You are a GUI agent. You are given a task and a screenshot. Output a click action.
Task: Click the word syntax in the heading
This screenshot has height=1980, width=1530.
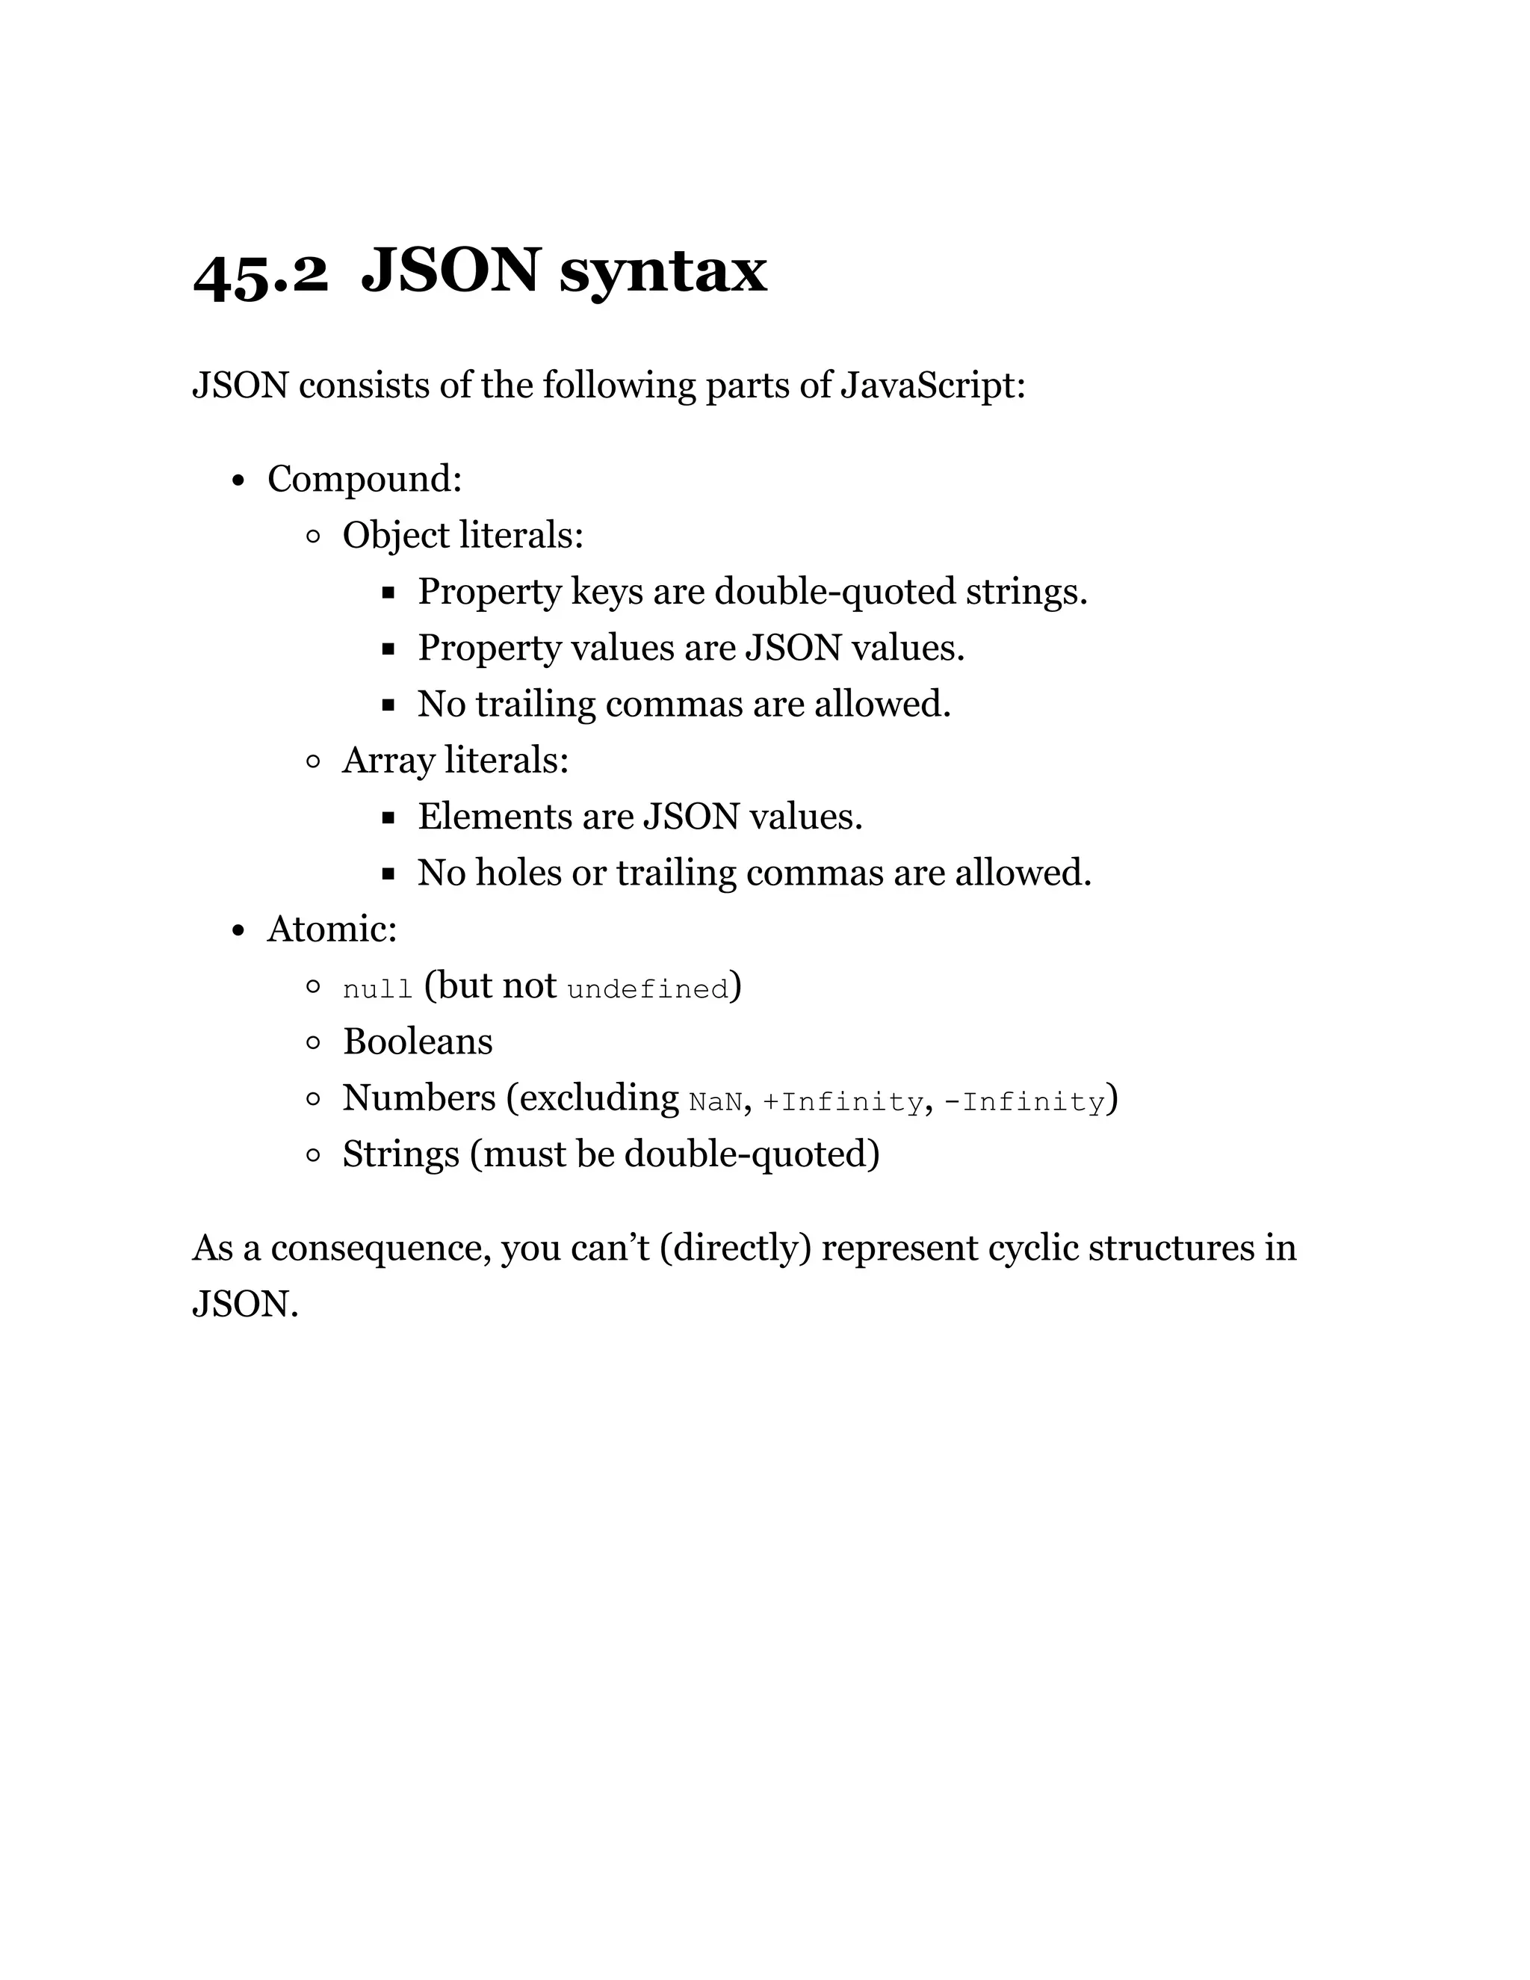pos(663,272)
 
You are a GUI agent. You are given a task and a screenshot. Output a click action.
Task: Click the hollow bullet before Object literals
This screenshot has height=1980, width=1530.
pos(314,536)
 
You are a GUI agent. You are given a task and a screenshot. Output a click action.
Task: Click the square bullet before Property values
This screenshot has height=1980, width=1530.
pos(388,649)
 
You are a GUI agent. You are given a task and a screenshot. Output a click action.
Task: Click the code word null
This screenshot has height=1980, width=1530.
pos(377,989)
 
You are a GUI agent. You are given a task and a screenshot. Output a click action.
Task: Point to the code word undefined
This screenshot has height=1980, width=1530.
pos(647,989)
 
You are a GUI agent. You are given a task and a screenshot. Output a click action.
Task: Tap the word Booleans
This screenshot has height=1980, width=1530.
pos(418,1042)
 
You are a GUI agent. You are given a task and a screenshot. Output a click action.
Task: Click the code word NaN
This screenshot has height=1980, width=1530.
pos(715,1101)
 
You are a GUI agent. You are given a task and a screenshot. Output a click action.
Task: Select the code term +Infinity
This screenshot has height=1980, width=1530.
pos(842,1101)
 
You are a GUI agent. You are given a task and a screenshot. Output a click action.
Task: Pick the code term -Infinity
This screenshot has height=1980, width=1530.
pos(1024,1101)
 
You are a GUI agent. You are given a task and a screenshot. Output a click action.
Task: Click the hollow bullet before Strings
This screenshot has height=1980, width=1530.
pos(314,1155)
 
